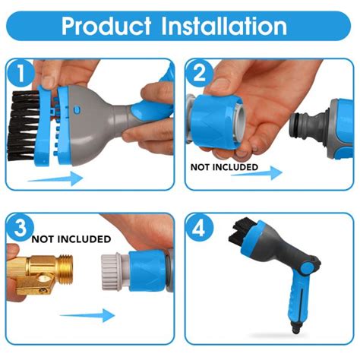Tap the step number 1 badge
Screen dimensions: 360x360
[21, 73]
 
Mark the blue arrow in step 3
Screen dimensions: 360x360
[87, 315]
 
